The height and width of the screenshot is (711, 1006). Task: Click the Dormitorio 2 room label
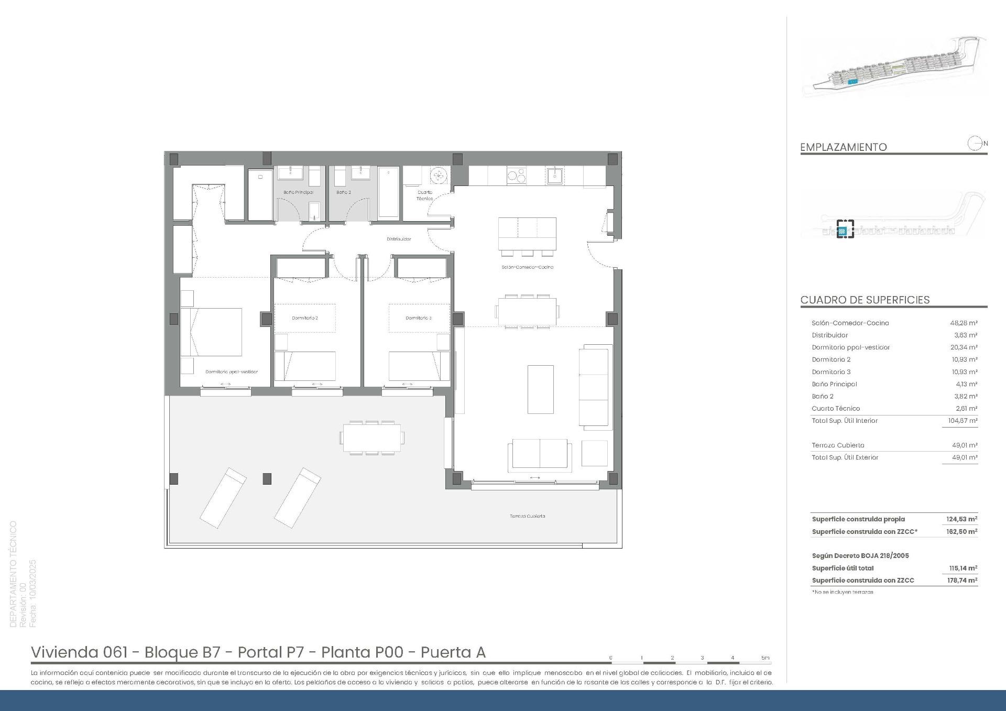click(305, 318)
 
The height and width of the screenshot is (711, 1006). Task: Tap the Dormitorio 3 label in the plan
click(419, 318)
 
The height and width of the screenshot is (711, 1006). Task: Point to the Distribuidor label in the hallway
click(399, 239)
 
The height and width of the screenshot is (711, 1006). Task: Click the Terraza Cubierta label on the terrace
click(527, 516)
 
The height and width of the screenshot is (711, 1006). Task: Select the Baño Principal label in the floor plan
click(299, 192)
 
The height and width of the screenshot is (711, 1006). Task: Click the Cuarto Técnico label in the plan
click(425, 195)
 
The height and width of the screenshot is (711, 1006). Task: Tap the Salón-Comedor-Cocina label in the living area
click(527, 267)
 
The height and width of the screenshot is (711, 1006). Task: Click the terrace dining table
click(372, 437)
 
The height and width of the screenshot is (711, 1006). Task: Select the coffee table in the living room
click(540, 389)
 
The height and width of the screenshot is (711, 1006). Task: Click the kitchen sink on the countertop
click(554, 176)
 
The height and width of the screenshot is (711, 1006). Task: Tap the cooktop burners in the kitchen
click(517, 176)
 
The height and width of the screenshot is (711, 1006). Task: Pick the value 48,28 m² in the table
click(965, 323)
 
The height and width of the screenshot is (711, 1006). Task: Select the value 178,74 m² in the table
click(963, 581)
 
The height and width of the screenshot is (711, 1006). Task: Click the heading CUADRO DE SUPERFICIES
click(865, 300)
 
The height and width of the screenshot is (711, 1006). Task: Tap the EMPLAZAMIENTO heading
click(844, 147)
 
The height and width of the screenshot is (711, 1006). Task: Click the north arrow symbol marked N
click(976, 143)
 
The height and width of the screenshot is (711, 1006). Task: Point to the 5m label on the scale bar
click(765, 658)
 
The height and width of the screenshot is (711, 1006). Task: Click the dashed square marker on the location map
click(845, 229)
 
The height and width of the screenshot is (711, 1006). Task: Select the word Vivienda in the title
click(64, 652)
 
